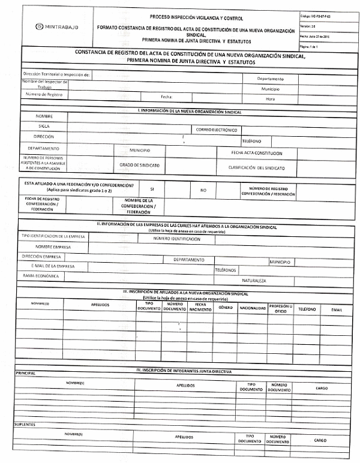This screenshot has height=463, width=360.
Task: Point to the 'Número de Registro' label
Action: point(44,95)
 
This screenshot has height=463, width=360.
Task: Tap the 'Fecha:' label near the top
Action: point(167,97)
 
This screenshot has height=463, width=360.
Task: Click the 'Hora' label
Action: point(270,99)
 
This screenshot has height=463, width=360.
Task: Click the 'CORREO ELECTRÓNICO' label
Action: point(217,130)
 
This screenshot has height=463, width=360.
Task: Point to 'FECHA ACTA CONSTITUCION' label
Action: point(256,153)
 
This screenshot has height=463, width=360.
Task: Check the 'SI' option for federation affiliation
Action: point(152,188)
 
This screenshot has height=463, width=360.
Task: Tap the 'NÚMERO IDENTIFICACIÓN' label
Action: point(177,239)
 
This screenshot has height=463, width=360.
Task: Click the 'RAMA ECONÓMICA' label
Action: point(41,276)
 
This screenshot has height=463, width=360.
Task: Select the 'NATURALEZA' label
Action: point(254,280)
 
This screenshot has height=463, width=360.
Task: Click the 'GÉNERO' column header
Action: point(226,307)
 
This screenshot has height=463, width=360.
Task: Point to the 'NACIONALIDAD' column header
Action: point(253,308)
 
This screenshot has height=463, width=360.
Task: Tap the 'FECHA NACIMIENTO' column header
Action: point(200,307)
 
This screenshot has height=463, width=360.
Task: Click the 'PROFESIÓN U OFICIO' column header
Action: point(281,308)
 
